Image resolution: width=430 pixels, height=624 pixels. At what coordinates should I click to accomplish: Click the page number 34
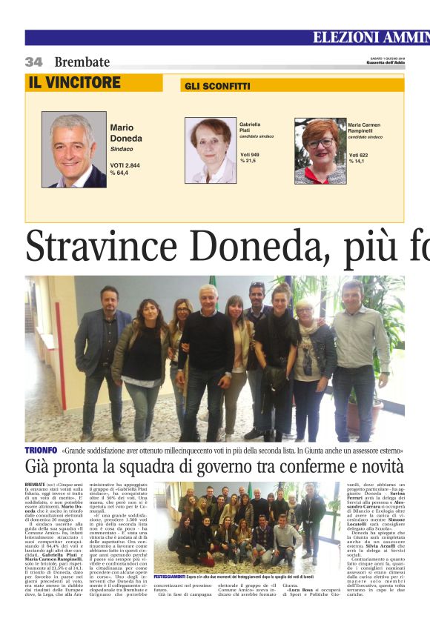(x=33, y=62)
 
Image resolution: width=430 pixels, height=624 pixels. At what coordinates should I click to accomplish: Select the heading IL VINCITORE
(x=74, y=83)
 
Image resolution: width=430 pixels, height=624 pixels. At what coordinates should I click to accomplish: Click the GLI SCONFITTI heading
(x=217, y=86)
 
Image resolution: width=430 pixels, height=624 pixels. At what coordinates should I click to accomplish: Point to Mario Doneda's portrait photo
(x=73, y=150)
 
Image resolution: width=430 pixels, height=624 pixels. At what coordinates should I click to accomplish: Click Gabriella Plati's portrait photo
(x=210, y=150)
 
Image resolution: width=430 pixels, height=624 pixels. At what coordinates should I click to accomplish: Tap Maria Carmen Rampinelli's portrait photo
(x=320, y=150)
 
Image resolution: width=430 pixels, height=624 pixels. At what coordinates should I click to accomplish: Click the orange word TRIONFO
(x=41, y=450)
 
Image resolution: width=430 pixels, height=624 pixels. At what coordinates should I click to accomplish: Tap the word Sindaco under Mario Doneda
(x=122, y=149)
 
